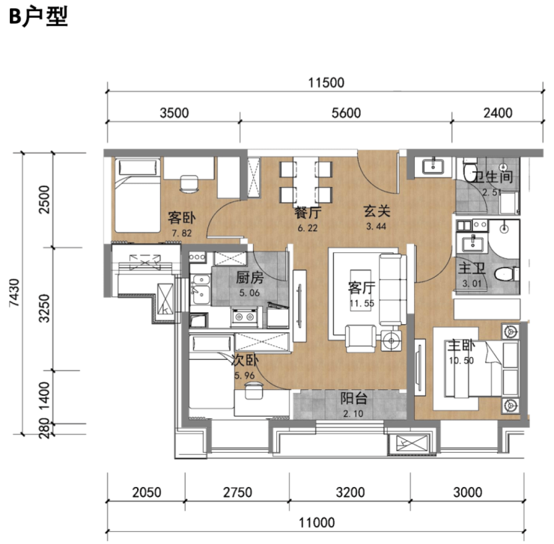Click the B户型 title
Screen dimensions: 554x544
pyautogui.click(x=38, y=17)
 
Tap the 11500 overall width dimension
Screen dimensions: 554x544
pyautogui.click(x=326, y=82)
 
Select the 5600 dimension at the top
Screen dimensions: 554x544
pyautogui.click(x=346, y=113)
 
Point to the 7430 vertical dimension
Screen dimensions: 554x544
pyautogui.click(x=14, y=293)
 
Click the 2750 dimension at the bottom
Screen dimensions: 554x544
pyautogui.click(x=237, y=492)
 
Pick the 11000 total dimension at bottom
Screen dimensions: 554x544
pyautogui.click(x=317, y=522)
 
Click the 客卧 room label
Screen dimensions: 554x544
pyautogui.click(x=182, y=218)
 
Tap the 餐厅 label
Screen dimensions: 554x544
pyautogui.click(x=308, y=213)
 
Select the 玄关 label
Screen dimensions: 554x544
pyautogui.click(x=377, y=211)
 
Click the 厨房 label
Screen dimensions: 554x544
pyautogui.click(x=249, y=278)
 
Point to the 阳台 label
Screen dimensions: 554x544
pyautogui.click(x=353, y=399)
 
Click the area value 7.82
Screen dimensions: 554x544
pyautogui.click(x=182, y=233)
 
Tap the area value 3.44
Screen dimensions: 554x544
pyautogui.click(x=377, y=227)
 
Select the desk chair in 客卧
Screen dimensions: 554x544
pyautogui.click(x=189, y=183)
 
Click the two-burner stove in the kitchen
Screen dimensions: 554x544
pyautogui.click(x=243, y=317)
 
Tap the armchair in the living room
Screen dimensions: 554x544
pyautogui.click(x=361, y=338)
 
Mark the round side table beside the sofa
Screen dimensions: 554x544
pyautogui.click(x=391, y=341)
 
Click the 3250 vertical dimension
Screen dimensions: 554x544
pyautogui.click(x=45, y=308)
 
